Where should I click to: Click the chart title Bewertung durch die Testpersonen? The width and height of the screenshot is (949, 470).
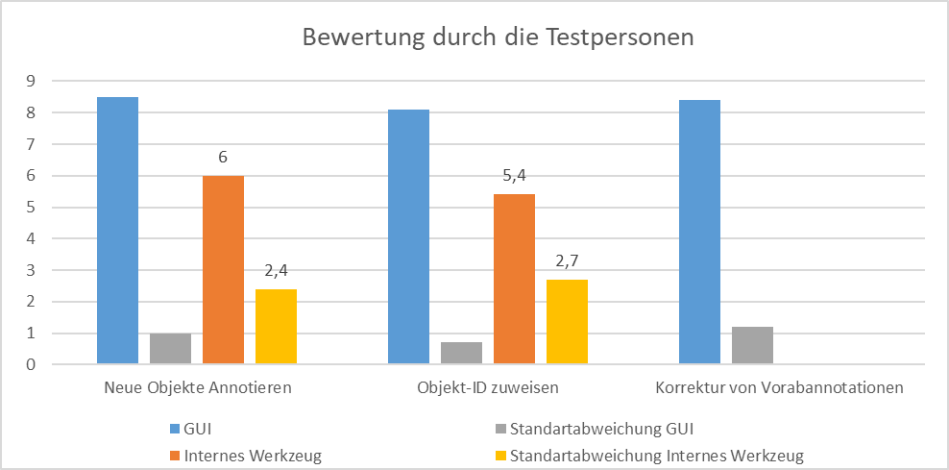[x=498, y=37]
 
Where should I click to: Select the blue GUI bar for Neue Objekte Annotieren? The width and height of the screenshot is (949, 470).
[x=117, y=231]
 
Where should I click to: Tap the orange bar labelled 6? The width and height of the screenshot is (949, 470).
[x=223, y=270]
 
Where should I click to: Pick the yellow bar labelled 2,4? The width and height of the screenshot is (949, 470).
[x=276, y=327]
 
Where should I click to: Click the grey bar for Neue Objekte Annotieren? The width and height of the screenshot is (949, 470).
[x=170, y=349]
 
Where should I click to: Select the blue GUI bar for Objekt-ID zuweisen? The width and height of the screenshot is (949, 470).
[x=408, y=237]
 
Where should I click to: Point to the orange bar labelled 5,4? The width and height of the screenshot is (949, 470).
[x=514, y=280]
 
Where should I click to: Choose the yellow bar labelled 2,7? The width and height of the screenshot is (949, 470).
[x=567, y=322]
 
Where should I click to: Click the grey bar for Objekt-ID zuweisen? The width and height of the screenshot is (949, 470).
[x=461, y=353]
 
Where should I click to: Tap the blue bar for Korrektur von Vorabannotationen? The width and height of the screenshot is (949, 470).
[x=699, y=233]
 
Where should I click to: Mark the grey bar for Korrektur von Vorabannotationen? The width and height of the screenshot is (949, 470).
[x=752, y=345]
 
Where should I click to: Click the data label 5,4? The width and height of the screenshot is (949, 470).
[x=514, y=175]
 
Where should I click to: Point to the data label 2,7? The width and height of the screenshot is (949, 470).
[x=567, y=260]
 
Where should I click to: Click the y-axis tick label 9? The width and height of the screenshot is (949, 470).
[x=31, y=82]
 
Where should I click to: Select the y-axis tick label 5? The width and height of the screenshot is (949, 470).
[x=31, y=208]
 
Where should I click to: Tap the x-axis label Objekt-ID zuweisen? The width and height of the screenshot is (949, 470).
[x=487, y=389]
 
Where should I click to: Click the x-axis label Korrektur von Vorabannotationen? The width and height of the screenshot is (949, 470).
[x=779, y=389]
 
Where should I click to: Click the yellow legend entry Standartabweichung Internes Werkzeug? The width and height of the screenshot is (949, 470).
[x=656, y=455]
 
